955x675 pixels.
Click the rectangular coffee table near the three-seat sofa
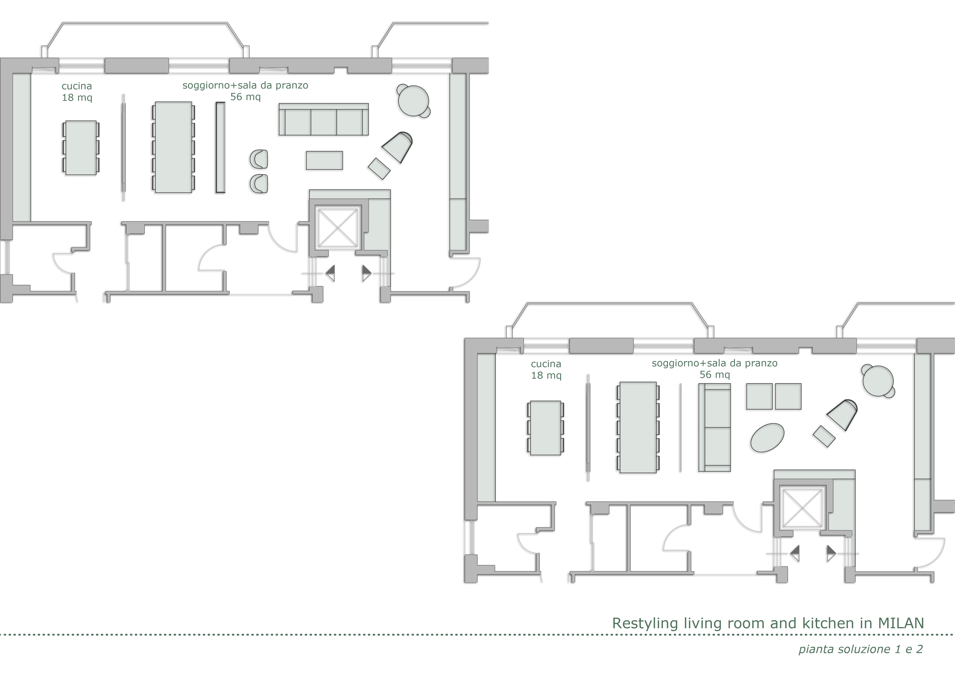pos(324,160)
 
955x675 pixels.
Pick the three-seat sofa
pos(324,119)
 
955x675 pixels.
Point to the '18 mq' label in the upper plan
pos(77,98)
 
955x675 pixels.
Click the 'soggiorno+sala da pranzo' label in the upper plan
pos(245,86)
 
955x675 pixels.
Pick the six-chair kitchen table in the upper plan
pos(81,148)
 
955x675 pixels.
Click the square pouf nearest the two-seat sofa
pos(759,396)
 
